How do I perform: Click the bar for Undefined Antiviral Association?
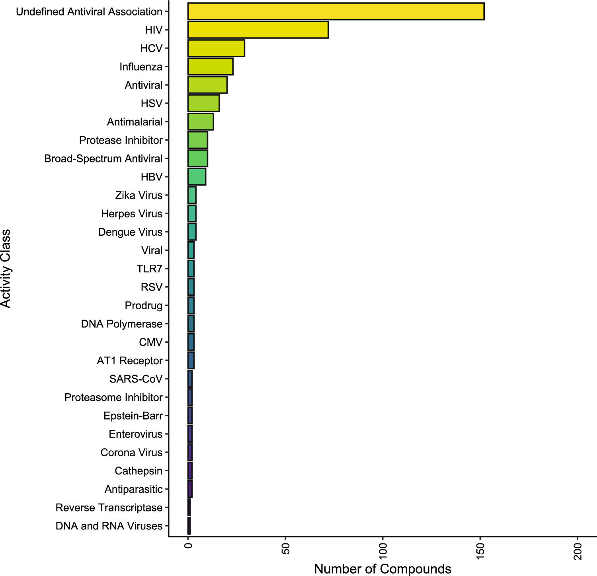(336, 12)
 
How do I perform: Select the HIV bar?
(258, 30)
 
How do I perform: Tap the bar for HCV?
(216, 48)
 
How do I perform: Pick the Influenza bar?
(210, 66)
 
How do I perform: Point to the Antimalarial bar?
(201, 121)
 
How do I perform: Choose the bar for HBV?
(197, 177)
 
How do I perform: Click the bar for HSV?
(203, 103)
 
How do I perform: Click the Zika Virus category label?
(139, 195)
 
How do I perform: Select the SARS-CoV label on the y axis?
(136, 379)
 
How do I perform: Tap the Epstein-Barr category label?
(133, 416)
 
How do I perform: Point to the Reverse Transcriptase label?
(109, 508)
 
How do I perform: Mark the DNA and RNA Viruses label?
(109, 526)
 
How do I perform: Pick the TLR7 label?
(149, 269)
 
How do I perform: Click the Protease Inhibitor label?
(121, 140)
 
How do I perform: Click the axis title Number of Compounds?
(382, 569)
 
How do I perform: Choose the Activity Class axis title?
(6, 269)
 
